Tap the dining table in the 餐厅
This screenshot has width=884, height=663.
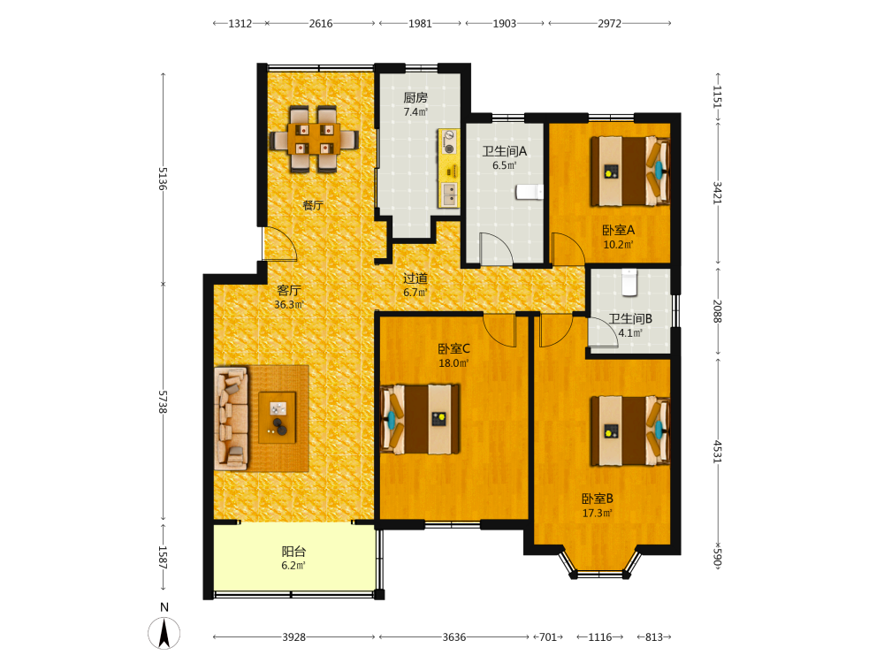click(x=314, y=139)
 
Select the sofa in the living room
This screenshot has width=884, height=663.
click(x=232, y=418)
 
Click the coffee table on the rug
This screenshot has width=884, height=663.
click(x=277, y=417)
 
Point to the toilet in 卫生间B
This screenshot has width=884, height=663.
click(x=629, y=282)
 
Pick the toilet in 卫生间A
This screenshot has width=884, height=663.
click(x=530, y=192)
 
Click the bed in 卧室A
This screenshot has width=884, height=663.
click(x=630, y=171)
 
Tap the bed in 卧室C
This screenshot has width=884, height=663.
click(x=421, y=419)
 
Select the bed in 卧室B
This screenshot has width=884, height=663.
click(x=630, y=431)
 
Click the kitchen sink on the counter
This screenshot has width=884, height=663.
click(x=449, y=194)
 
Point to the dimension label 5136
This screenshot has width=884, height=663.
click(x=163, y=179)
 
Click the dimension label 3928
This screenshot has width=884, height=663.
click(x=293, y=637)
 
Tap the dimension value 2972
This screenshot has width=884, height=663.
click(x=609, y=24)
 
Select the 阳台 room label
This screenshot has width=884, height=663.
click(x=293, y=552)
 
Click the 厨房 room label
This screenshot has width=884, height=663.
click(x=415, y=97)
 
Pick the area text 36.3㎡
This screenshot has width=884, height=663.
click(x=289, y=305)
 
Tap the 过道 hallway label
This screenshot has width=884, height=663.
click(x=415, y=278)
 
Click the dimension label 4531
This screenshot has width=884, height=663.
click(x=717, y=452)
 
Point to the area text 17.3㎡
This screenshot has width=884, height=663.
click(x=597, y=513)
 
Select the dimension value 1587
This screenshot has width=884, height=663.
click(x=163, y=557)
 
